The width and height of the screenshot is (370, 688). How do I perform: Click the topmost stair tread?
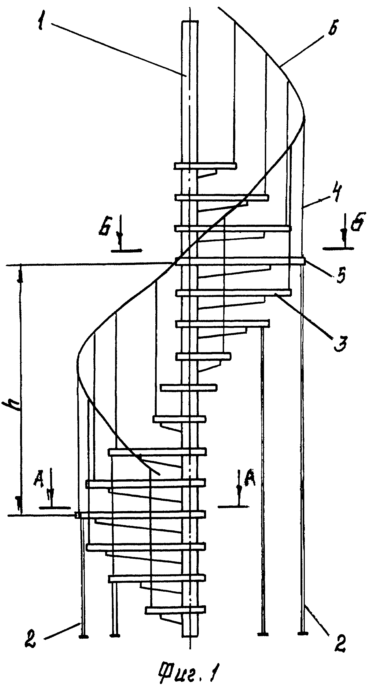pyautogui.click(x=206, y=166)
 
